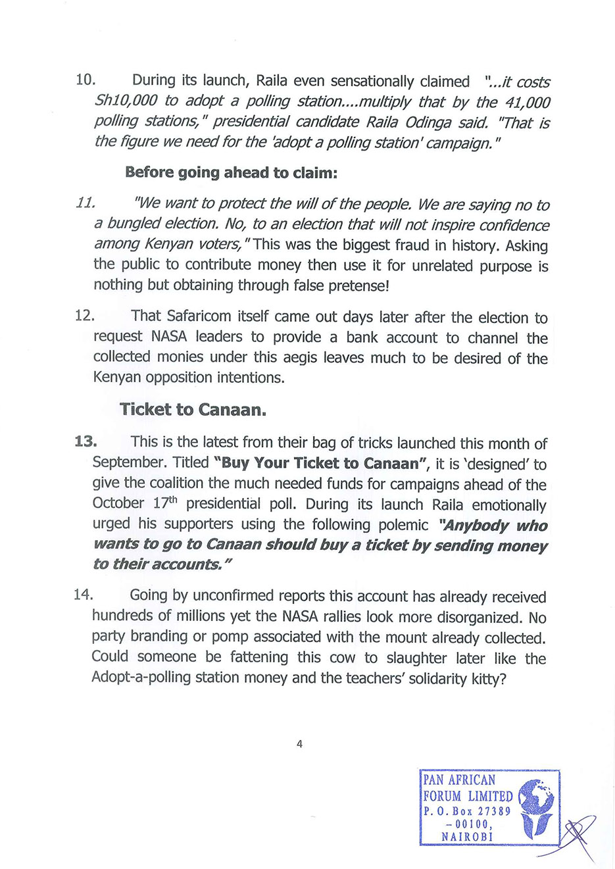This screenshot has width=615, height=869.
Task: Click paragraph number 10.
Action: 86,80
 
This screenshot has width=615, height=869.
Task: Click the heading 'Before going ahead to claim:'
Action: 231,172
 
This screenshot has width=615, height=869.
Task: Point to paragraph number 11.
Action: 86,203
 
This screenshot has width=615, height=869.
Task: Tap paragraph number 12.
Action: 85,316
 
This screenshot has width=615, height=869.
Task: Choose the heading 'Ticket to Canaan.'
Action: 193,409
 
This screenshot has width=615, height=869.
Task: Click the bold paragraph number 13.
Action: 86,441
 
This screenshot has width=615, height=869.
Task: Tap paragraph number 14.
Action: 84,595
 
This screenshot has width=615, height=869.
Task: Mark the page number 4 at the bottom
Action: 300,744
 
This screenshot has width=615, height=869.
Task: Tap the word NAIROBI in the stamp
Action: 467,837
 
